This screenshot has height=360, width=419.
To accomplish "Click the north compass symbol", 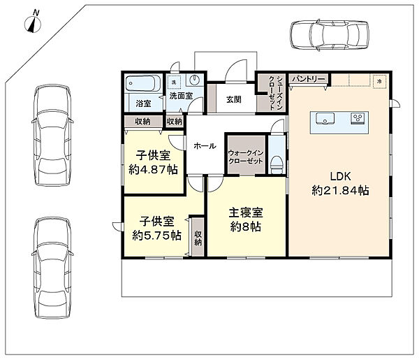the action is tap(33, 22).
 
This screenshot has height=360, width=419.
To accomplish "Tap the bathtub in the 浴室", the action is tap(143, 83).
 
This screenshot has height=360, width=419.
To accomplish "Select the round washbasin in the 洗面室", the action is tap(194, 80).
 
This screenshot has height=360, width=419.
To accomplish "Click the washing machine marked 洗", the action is tap(174, 82).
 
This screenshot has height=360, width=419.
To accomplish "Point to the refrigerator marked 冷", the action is tap(379, 80).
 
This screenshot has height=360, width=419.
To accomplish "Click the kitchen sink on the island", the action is tap(325, 118).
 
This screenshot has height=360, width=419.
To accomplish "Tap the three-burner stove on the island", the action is tap(358, 118).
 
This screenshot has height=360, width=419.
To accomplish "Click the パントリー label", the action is tap(309, 79).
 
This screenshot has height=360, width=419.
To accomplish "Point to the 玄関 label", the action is tap(234, 99).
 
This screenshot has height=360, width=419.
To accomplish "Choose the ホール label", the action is tap(205, 146).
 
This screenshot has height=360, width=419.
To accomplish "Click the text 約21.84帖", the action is tap(340, 191).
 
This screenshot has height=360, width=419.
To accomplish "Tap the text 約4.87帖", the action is tap(153, 170).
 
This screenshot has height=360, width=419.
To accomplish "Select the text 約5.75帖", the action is tap(157, 236).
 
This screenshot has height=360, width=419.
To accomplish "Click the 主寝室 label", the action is tap(246, 213).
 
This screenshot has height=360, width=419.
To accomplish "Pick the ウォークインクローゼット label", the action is tap(246, 157).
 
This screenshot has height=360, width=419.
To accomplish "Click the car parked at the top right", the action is tap(330, 35).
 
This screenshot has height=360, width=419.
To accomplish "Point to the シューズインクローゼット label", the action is tap(275, 93).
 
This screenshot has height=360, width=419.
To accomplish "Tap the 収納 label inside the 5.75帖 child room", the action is tap(198, 238).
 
